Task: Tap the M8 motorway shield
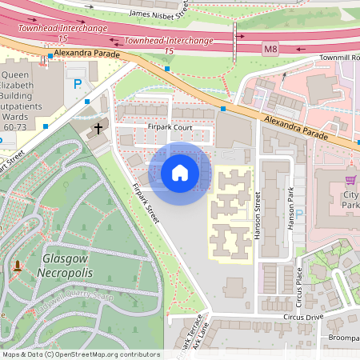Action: pos(270,49)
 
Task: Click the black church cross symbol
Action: pos(99,128)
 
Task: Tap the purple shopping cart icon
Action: pos(350,180)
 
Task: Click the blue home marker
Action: pos(180,172)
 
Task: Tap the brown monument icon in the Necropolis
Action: pos(17,265)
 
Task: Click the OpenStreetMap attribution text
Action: pos(80,354)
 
